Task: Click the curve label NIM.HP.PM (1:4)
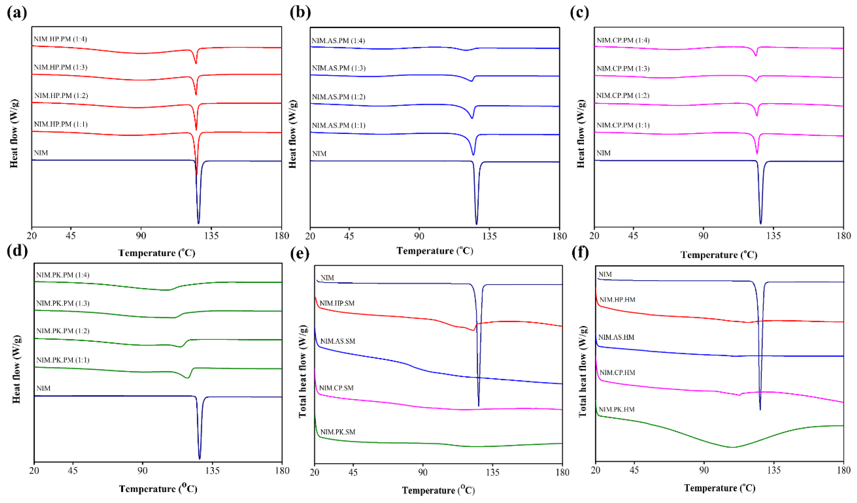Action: tap(60, 39)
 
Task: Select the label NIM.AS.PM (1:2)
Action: tap(338, 97)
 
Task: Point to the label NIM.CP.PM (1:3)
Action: tap(623, 69)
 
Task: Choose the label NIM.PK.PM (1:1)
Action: tap(63, 360)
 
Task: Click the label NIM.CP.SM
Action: tap(336, 388)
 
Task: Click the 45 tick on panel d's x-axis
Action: tap(73, 471)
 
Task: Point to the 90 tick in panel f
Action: tap(704, 470)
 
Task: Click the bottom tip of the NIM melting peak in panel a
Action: tap(199, 224)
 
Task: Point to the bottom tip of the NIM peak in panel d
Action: tap(200, 459)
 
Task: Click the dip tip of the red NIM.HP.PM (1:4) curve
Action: tap(196, 63)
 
